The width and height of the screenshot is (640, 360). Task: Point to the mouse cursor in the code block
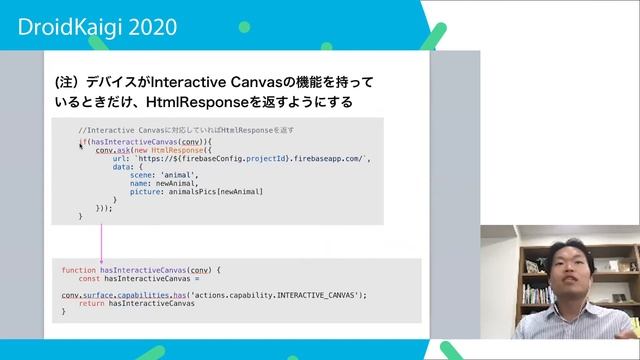(x=82, y=146)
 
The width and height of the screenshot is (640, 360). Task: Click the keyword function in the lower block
(x=78, y=271)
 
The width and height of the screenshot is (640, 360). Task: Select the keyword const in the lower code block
(x=89, y=279)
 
